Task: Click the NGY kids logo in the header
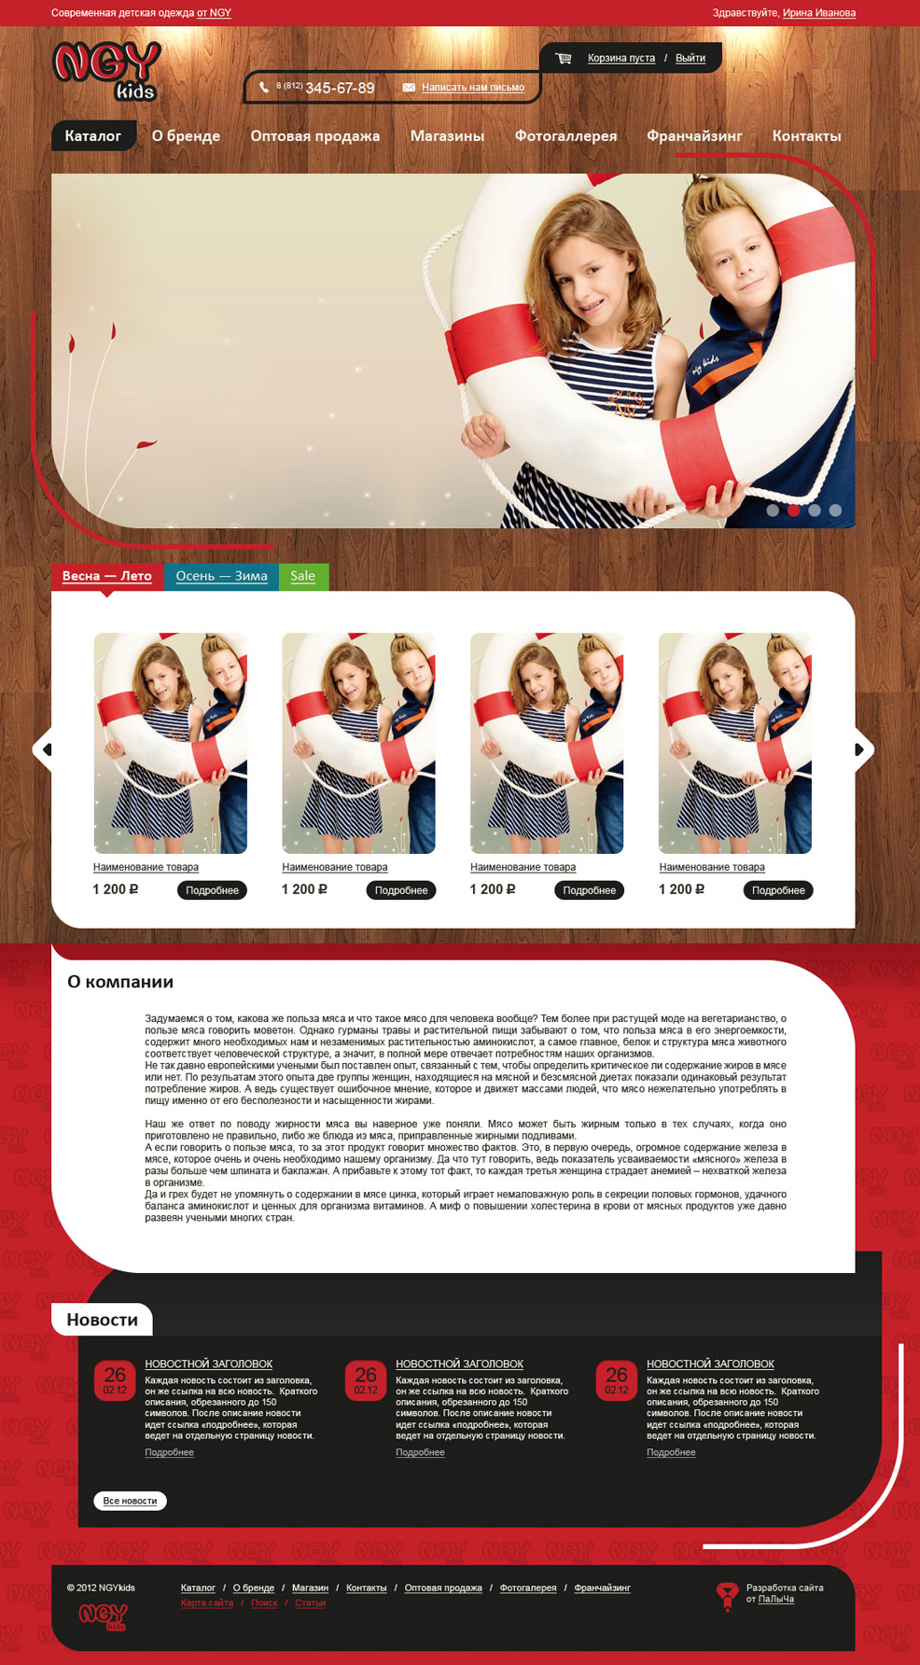click(x=106, y=71)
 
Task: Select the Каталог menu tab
click(x=93, y=136)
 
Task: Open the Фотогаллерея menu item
click(x=565, y=136)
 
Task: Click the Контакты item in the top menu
click(x=806, y=136)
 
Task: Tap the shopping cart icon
click(x=564, y=58)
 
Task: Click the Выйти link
click(x=690, y=58)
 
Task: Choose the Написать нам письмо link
click(x=473, y=88)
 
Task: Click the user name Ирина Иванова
click(x=819, y=13)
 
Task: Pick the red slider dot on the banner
click(x=794, y=511)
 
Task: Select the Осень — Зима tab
click(x=221, y=577)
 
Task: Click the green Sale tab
click(x=303, y=577)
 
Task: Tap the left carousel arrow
click(x=43, y=749)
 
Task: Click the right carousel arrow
click(x=864, y=749)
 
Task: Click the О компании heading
click(x=120, y=982)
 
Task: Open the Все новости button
click(x=130, y=1501)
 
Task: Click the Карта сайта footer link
click(x=207, y=1603)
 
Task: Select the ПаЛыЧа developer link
click(x=776, y=1600)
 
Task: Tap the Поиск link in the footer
click(x=264, y=1603)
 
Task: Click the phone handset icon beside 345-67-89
click(x=264, y=88)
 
